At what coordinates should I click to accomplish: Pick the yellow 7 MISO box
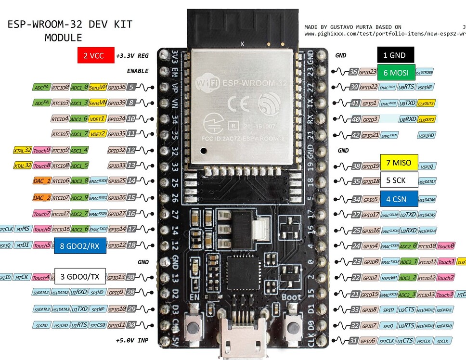(399, 163)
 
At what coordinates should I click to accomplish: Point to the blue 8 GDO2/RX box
(80, 246)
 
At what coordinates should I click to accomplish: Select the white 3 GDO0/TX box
(80, 276)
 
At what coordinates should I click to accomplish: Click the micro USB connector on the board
(240, 339)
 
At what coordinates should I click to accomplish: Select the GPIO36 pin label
(117, 87)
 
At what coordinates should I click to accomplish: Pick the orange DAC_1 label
(41, 181)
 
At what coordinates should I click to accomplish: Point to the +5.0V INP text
(132, 340)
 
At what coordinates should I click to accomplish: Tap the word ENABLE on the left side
(138, 71)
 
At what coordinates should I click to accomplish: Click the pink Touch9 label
(42, 150)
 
